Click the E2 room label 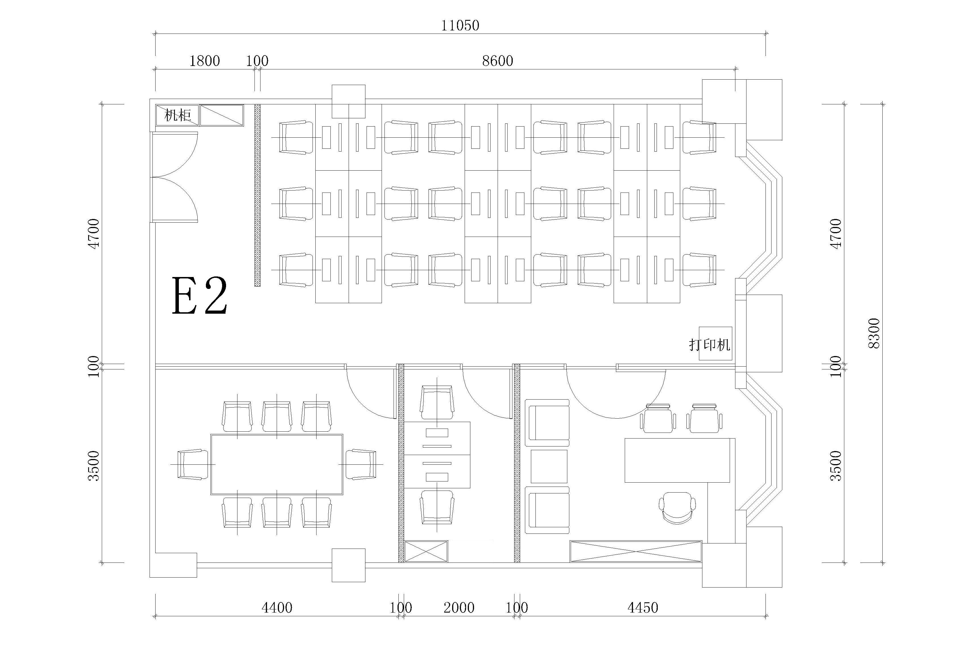point(200,296)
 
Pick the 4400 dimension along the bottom point(277,608)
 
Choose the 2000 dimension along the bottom point(459,608)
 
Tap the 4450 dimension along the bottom point(643,608)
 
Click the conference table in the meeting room point(277,464)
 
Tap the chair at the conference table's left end point(193,464)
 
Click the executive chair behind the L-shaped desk point(677,508)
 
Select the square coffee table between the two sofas point(549,466)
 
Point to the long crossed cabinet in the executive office point(636,551)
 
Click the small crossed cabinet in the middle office point(426,551)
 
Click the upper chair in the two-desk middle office point(437,402)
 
